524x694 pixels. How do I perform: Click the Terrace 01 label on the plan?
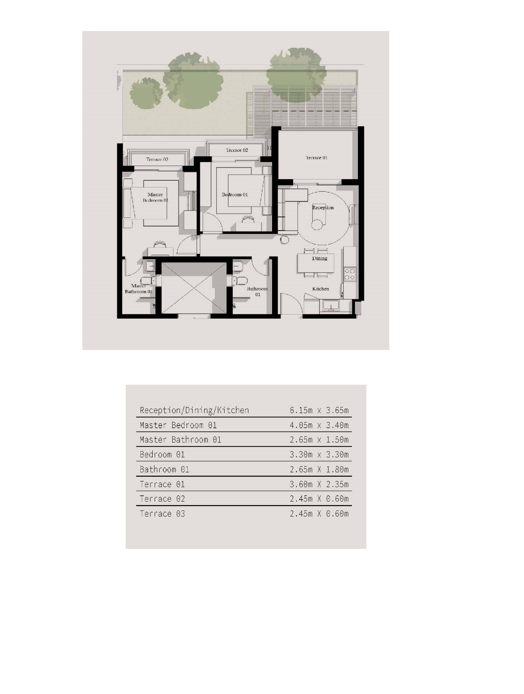[x=316, y=158]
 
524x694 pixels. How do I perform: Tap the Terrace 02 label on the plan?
[x=237, y=150]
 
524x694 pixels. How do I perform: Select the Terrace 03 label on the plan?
[x=157, y=159]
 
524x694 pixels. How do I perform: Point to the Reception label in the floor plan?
[x=323, y=207]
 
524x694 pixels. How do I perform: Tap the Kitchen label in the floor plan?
[x=320, y=289]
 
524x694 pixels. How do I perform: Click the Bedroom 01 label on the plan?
[x=235, y=194]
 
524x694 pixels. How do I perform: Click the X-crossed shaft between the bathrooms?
[x=194, y=288]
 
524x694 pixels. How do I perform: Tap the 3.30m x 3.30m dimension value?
[x=319, y=455]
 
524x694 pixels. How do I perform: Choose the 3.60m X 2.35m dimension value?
[x=319, y=484]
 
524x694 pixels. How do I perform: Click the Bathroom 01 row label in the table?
[x=164, y=470]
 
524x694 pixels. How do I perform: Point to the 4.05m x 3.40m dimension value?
[x=319, y=425]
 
